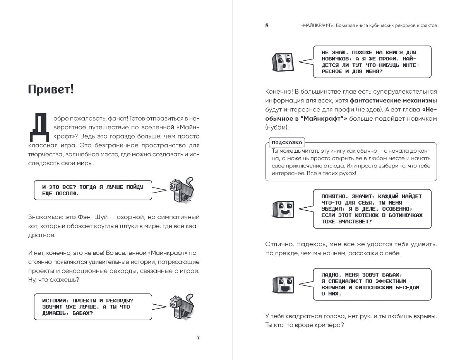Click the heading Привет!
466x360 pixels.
51,90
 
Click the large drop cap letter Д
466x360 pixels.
39,127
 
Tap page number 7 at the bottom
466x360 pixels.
198,338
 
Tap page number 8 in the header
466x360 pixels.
267,26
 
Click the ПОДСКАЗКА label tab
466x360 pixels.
286,142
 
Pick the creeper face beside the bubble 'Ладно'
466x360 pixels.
284,285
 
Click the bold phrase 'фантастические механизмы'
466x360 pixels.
393,101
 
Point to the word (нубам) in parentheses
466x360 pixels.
277,127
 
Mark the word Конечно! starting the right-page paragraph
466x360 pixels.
279,92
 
